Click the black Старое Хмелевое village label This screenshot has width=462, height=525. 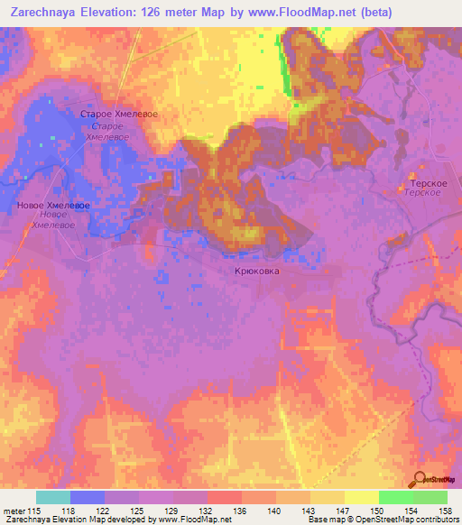119,115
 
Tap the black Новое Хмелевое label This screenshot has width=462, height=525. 52,206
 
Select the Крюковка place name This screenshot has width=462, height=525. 257,270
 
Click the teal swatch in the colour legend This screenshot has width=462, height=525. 52,497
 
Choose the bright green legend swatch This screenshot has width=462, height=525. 395,497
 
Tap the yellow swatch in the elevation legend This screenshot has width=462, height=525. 361,497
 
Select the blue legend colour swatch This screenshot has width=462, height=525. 87,497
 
